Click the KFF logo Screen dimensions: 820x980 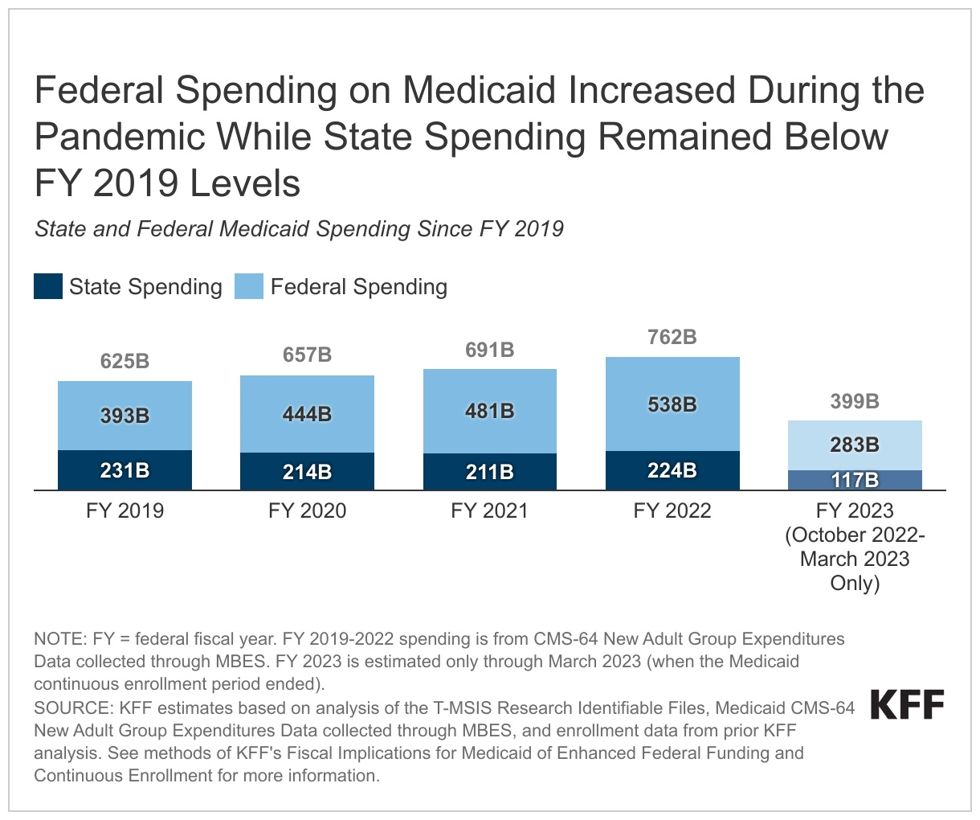[x=907, y=704]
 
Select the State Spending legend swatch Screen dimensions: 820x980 [x=48, y=287]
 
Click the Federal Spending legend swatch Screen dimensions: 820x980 [x=249, y=287]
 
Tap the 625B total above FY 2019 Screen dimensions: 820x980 [x=125, y=361]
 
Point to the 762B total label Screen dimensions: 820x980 [x=672, y=337]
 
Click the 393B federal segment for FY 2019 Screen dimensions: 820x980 [x=125, y=416]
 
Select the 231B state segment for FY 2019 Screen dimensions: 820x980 [x=125, y=470]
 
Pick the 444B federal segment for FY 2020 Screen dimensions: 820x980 [x=307, y=414]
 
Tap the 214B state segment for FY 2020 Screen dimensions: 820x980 [x=307, y=472]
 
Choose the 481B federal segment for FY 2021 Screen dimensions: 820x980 [x=489, y=411]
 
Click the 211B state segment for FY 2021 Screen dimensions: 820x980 [x=489, y=472]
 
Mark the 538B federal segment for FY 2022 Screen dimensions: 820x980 [x=672, y=404]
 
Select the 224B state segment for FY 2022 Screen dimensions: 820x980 [x=672, y=470]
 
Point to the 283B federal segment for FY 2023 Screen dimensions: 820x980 [x=855, y=445]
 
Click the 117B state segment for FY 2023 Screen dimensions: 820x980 [x=855, y=481]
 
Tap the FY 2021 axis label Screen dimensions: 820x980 [x=489, y=510]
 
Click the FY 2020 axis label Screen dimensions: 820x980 [x=307, y=510]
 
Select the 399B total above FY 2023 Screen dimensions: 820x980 [x=855, y=401]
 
